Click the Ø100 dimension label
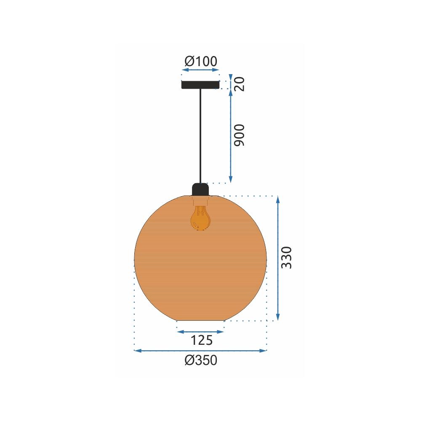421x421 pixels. point(201,61)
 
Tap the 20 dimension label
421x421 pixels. point(239,84)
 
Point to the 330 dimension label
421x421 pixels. point(286,258)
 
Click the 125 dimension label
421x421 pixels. point(201,340)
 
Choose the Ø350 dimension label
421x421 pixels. point(201,360)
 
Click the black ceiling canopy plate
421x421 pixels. point(200,85)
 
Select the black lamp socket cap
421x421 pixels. point(200,189)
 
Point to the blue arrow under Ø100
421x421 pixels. point(201,71)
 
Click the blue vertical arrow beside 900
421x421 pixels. point(230,135)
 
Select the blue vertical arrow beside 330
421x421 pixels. point(277,258)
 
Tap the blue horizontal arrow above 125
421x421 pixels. point(200,332)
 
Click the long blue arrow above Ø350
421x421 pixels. point(200,350)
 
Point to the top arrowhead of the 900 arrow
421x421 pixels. point(230,92)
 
